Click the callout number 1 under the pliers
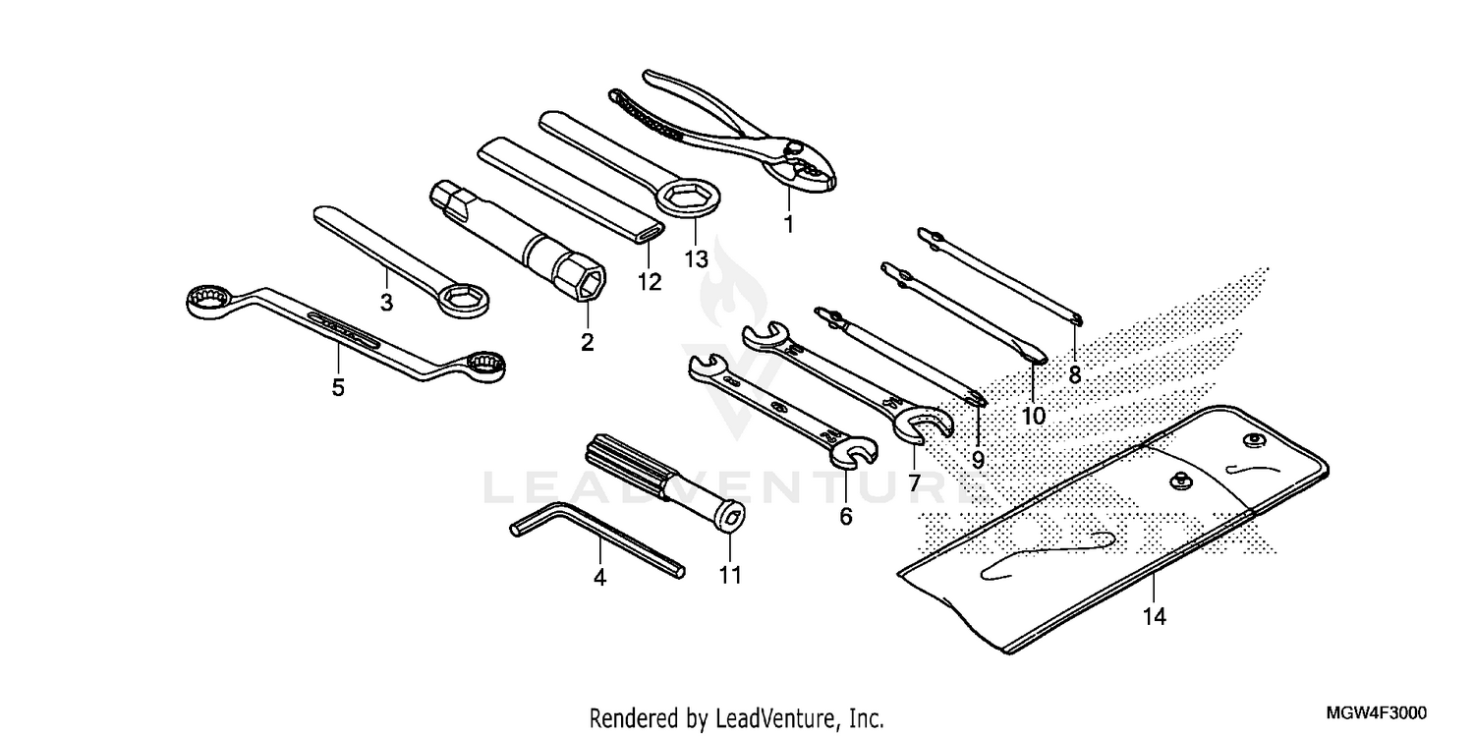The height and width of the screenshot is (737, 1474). tap(787, 224)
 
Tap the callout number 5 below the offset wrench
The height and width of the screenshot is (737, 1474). tap(338, 387)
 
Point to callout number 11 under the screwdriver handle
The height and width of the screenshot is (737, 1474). tap(728, 576)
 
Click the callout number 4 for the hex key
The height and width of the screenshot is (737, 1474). tap(599, 579)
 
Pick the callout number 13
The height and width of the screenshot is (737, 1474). tap(696, 259)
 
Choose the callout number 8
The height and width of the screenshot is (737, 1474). tap(1074, 373)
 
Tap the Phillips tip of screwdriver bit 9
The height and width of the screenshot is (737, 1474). tap(975, 398)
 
